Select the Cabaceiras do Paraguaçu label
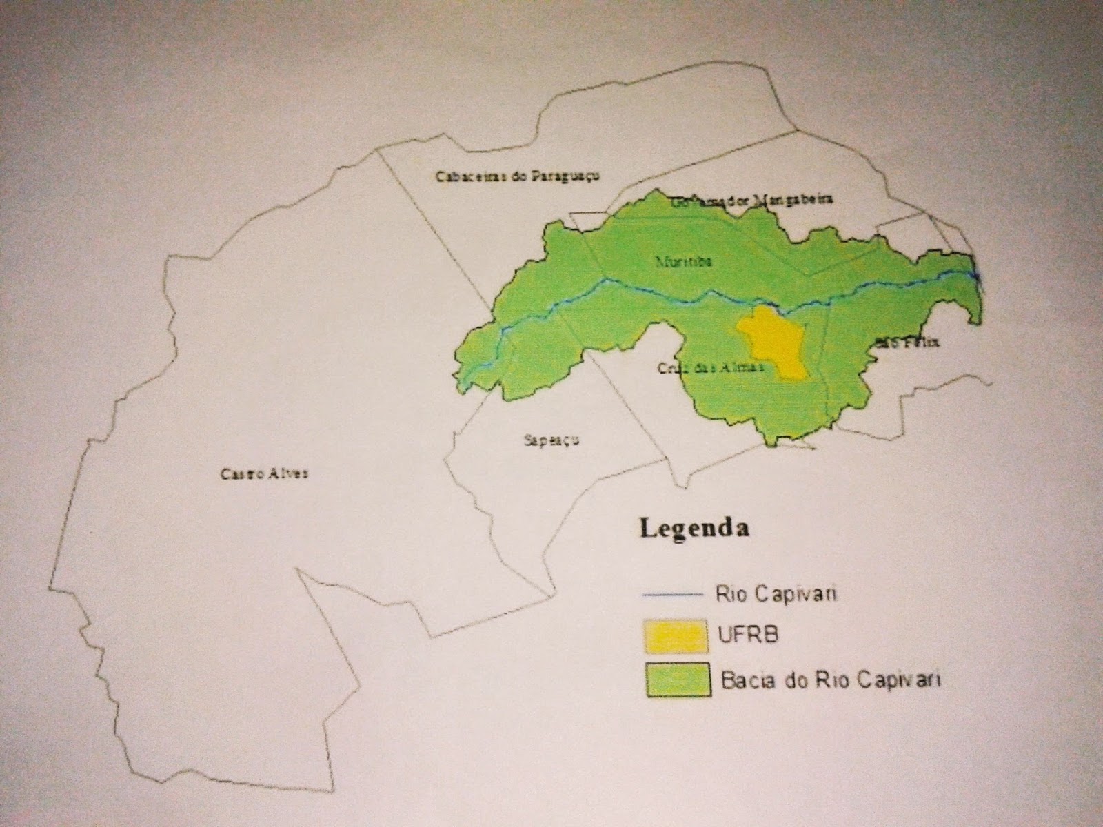click(517, 176)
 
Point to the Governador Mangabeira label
click(751, 201)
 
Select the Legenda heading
click(694, 529)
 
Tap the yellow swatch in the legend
click(676, 635)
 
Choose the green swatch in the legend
click(678, 680)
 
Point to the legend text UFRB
click(749, 634)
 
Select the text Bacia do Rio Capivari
click(830, 680)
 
